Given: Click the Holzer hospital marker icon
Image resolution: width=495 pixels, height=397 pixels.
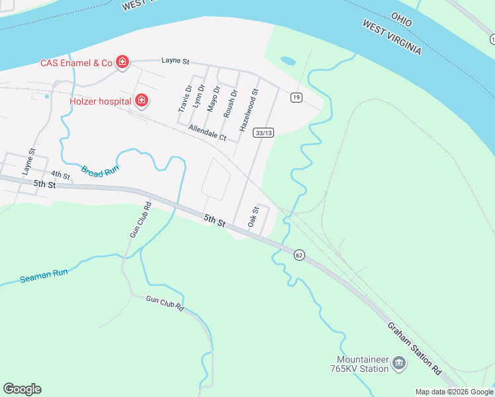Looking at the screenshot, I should pyautogui.click(x=141, y=101).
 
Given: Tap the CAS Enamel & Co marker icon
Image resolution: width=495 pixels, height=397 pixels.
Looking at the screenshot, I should pyautogui.click(x=122, y=63).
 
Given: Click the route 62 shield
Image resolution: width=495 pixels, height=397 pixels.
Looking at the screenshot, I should pyautogui.click(x=299, y=255).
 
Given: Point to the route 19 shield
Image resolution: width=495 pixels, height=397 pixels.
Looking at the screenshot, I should pyautogui.click(x=296, y=97).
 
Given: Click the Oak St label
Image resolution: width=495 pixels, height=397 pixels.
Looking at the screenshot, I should pyautogui.click(x=252, y=218).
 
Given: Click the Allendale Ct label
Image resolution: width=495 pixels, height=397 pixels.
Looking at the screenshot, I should pyautogui.click(x=207, y=133).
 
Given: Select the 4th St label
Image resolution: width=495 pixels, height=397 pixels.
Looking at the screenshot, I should pyautogui.click(x=60, y=175).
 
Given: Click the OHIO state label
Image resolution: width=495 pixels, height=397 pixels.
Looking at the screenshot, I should pyautogui.click(x=401, y=19).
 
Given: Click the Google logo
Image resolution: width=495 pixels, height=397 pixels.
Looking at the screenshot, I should pyautogui.click(x=22, y=388).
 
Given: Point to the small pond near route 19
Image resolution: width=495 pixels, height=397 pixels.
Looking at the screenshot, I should pyautogui.click(x=288, y=61).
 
